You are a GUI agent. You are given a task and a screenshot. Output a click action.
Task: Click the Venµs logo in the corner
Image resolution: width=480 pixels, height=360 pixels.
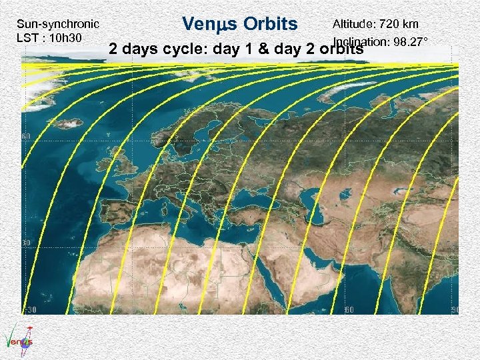point(18,336)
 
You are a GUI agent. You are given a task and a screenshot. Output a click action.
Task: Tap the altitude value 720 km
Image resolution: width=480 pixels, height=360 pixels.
point(398,25)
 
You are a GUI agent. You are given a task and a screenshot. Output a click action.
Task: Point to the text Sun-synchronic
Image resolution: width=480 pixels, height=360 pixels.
point(61,25)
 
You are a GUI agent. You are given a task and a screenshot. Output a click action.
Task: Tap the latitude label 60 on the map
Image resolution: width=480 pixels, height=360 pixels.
point(27,137)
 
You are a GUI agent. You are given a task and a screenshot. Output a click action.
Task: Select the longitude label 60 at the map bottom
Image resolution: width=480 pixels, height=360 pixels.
point(349,310)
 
